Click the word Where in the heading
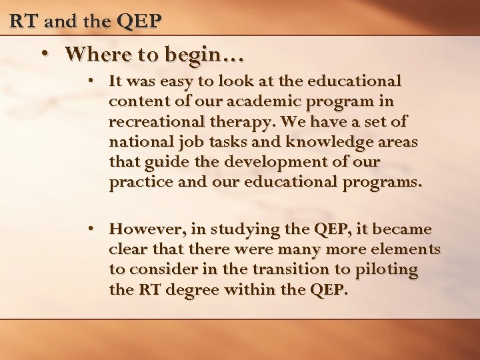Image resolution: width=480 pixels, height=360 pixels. [94, 53]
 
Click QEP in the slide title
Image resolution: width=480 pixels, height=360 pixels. [139, 21]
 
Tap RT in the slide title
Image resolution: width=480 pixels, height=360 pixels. [23, 21]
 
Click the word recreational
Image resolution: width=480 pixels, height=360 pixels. [151, 123]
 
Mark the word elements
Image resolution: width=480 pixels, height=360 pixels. [408, 250]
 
